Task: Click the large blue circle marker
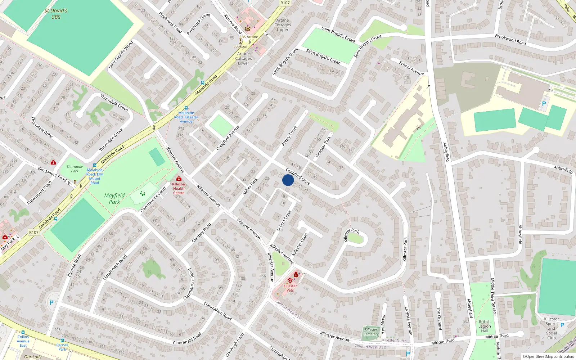click(288, 180)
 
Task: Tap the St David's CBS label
click(56, 14)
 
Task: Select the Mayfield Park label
click(114, 198)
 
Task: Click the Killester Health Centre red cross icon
click(179, 179)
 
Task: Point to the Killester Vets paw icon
click(290, 280)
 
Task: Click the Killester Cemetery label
click(371, 332)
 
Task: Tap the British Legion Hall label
click(485, 326)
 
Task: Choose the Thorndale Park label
click(75, 169)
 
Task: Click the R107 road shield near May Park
click(34, 233)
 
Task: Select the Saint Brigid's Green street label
click(323, 57)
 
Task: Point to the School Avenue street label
click(411, 68)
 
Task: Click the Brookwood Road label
click(510, 40)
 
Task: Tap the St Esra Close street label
click(284, 221)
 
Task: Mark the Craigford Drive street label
click(298, 176)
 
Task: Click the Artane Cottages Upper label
click(283, 25)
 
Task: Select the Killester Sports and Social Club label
click(552, 328)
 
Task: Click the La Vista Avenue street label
click(409, 321)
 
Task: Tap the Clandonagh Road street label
click(115, 267)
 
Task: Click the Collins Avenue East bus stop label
click(23, 341)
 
